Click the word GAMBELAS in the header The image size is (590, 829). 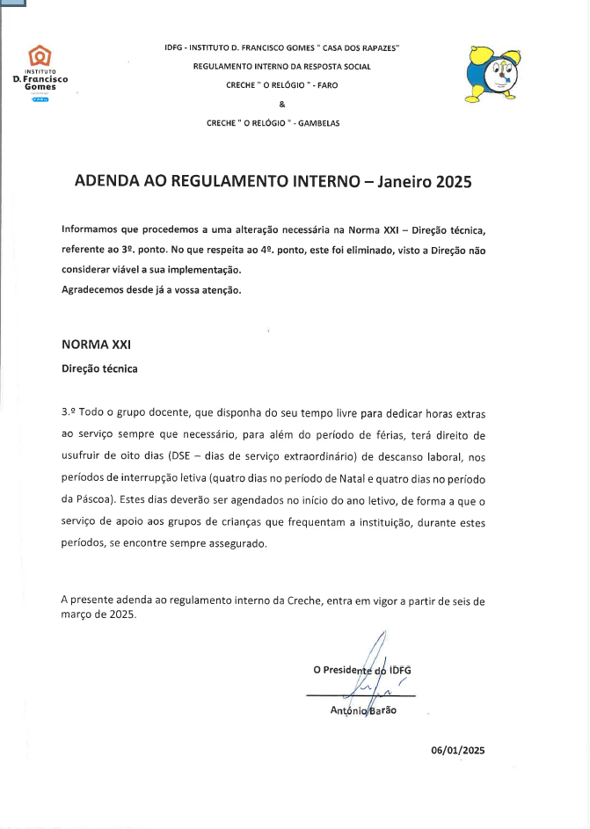[319, 123]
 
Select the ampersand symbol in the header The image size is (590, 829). [281, 105]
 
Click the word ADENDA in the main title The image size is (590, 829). [106, 182]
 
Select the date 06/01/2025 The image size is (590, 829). [457, 750]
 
